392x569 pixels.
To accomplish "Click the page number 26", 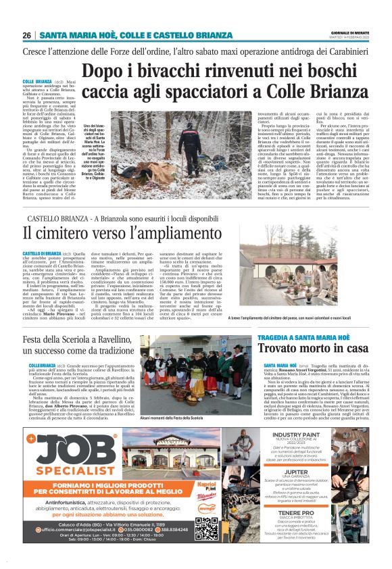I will tap(27, 35).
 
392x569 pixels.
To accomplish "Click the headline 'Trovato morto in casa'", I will tap(313, 349).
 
